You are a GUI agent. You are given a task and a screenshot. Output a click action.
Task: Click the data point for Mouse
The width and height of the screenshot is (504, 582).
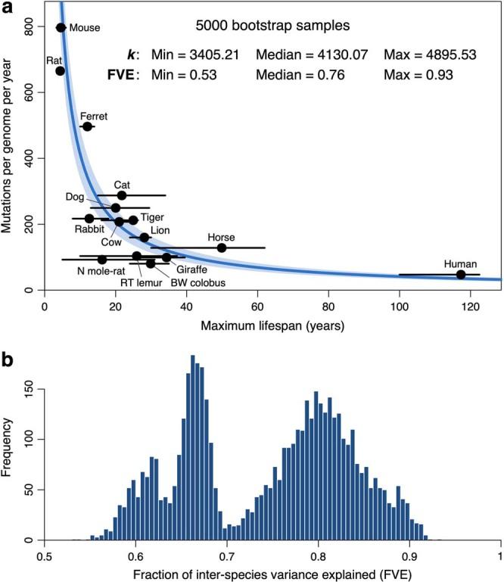[x=61, y=27]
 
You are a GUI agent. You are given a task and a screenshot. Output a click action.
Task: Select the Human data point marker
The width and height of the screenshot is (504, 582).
[x=461, y=274]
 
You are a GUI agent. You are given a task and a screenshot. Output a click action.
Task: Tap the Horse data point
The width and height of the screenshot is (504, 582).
[x=222, y=247]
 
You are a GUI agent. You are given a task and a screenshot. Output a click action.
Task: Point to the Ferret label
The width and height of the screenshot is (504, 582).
[x=93, y=116]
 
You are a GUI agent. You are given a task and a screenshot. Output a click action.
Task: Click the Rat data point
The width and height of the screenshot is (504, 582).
[x=60, y=70]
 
